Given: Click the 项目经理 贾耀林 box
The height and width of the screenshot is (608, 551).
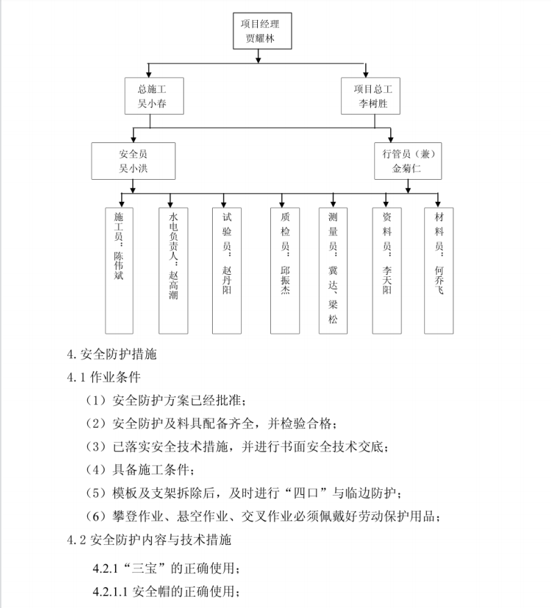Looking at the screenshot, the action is pyautogui.click(x=262, y=31).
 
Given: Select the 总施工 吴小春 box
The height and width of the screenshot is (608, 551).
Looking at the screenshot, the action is pyautogui.click(x=154, y=96).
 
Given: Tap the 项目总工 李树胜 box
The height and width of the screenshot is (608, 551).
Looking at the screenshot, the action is pyautogui.click(x=371, y=96).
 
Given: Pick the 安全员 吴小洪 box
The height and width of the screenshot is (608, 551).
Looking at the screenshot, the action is pyautogui.click(x=133, y=161).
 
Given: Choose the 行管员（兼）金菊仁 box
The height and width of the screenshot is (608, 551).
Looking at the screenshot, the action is pyautogui.click(x=408, y=161).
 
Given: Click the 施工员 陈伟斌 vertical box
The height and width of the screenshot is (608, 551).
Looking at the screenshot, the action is pyautogui.click(x=119, y=271).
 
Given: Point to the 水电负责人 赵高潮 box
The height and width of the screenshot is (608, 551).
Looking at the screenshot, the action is pyautogui.click(x=173, y=271).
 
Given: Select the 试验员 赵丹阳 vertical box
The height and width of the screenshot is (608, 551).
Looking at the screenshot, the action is pyautogui.click(x=227, y=271).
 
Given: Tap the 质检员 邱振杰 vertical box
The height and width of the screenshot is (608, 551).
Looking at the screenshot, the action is pyautogui.click(x=285, y=271).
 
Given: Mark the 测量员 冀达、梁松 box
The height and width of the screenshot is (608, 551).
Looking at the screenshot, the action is pyautogui.click(x=333, y=271).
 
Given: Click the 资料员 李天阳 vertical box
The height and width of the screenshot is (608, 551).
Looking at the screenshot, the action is pyautogui.click(x=387, y=271).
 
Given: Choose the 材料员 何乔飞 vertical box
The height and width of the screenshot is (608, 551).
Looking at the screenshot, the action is pyautogui.click(x=439, y=271).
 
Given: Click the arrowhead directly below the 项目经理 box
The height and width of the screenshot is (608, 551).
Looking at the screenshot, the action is pyautogui.click(x=259, y=59).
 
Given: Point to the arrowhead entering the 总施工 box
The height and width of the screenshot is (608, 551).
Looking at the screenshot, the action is pyautogui.click(x=148, y=74).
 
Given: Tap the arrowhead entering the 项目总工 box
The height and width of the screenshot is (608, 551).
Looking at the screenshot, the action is pyautogui.click(x=365, y=74).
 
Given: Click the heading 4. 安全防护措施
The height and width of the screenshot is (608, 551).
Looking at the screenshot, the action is pyautogui.click(x=112, y=354).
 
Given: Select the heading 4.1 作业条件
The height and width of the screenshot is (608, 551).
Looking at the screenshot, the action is pyautogui.click(x=104, y=377).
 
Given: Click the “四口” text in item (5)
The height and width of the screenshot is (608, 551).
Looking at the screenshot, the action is pyautogui.click(x=306, y=493).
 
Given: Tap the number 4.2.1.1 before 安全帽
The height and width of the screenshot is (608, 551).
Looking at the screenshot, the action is pyautogui.click(x=110, y=592).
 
